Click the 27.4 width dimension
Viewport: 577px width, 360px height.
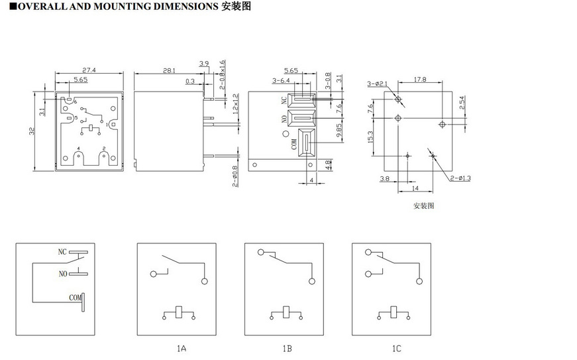(x=89, y=70)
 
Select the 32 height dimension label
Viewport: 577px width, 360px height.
(x=31, y=131)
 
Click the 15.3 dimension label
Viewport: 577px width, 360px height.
(x=370, y=136)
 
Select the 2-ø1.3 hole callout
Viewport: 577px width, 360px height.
(x=460, y=178)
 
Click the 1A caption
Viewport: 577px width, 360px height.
(x=181, y=348)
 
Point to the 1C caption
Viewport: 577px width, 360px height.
(x=395, y=348)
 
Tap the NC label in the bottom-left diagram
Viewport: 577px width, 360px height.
(x=62, y=253)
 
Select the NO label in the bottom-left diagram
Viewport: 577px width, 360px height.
(x=63, y=273)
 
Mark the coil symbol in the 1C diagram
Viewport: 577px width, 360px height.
(x=395, y=312)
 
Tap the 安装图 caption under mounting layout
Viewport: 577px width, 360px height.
(x=423, y=206)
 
